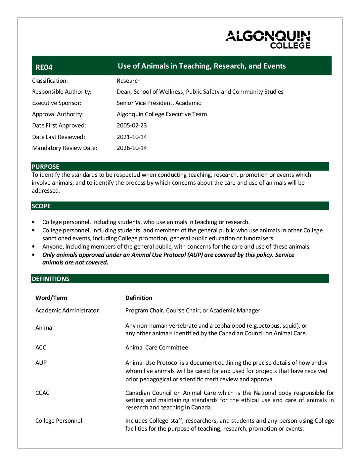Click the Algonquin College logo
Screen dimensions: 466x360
[268, 39]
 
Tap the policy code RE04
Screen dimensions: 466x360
[44, 68]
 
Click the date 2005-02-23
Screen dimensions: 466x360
[132, 125]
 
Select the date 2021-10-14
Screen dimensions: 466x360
[132, 137]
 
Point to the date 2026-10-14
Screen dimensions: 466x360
[132, 148]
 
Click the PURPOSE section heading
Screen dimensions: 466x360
[46, 167]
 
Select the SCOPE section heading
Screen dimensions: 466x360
[41, 206]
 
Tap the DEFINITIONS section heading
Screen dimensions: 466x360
[51, 279]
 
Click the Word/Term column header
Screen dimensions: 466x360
[51, 298]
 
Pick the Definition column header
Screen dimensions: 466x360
[139, 298]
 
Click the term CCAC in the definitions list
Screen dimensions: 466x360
[42, 393]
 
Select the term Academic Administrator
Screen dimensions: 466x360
[67, 310]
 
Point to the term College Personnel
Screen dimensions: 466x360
[59, 421]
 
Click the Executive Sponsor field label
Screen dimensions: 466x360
[57, 103]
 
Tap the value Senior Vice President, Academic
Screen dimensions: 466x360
[159, 103]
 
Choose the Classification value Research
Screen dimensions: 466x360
[129, 81]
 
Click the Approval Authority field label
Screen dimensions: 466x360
[58, 114]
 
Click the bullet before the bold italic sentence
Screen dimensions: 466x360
[33, 255]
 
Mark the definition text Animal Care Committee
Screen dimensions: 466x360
[157, 348]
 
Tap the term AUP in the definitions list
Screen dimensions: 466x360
[41, 363]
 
